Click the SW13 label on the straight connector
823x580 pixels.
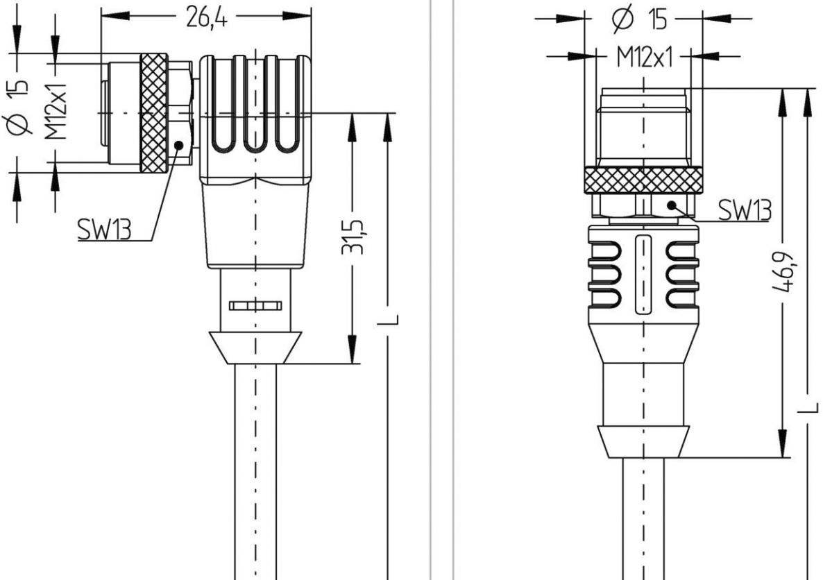744,209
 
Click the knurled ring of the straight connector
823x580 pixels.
643,180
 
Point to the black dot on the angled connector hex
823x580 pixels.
178,145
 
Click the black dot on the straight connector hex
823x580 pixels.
671,205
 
